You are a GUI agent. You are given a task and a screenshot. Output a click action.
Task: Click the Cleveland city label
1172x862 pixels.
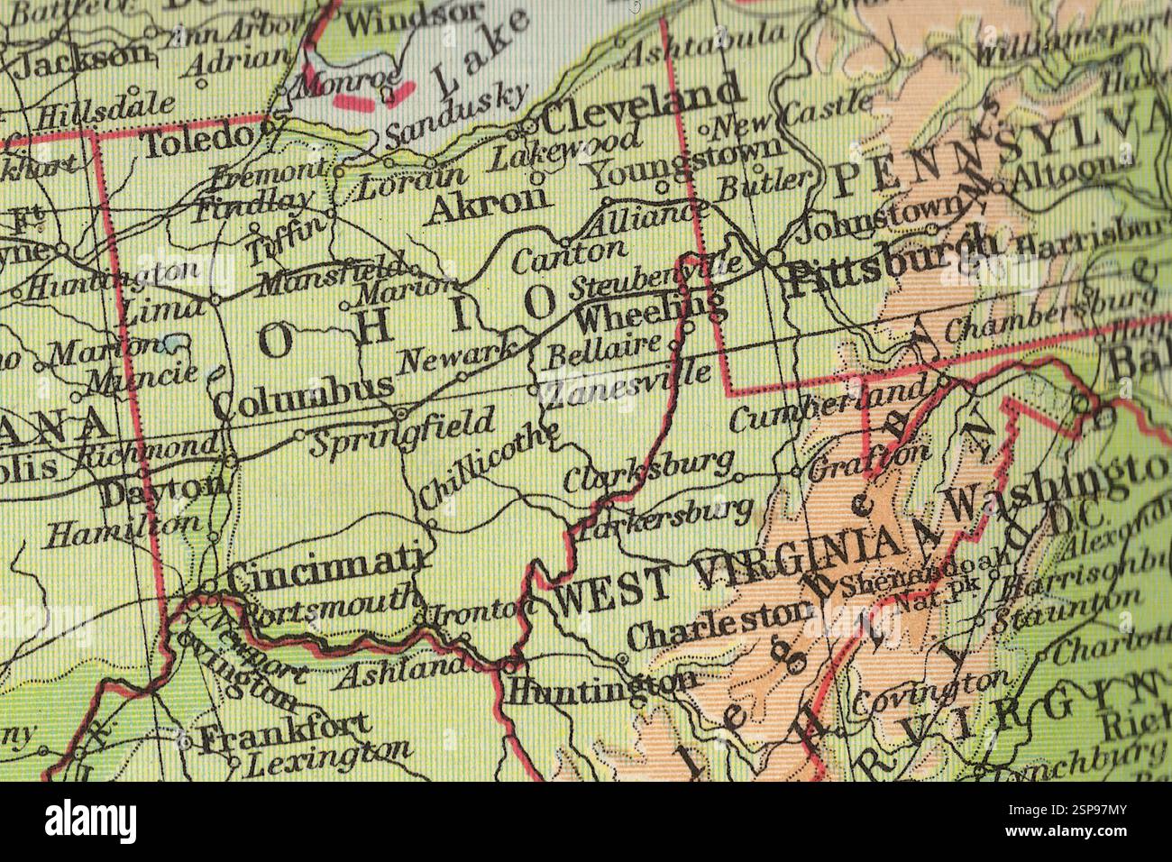[643, 105]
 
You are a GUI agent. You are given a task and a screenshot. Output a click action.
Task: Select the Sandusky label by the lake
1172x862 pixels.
[455, 117]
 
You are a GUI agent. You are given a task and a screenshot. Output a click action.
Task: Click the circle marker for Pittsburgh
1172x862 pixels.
[774, 259]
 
